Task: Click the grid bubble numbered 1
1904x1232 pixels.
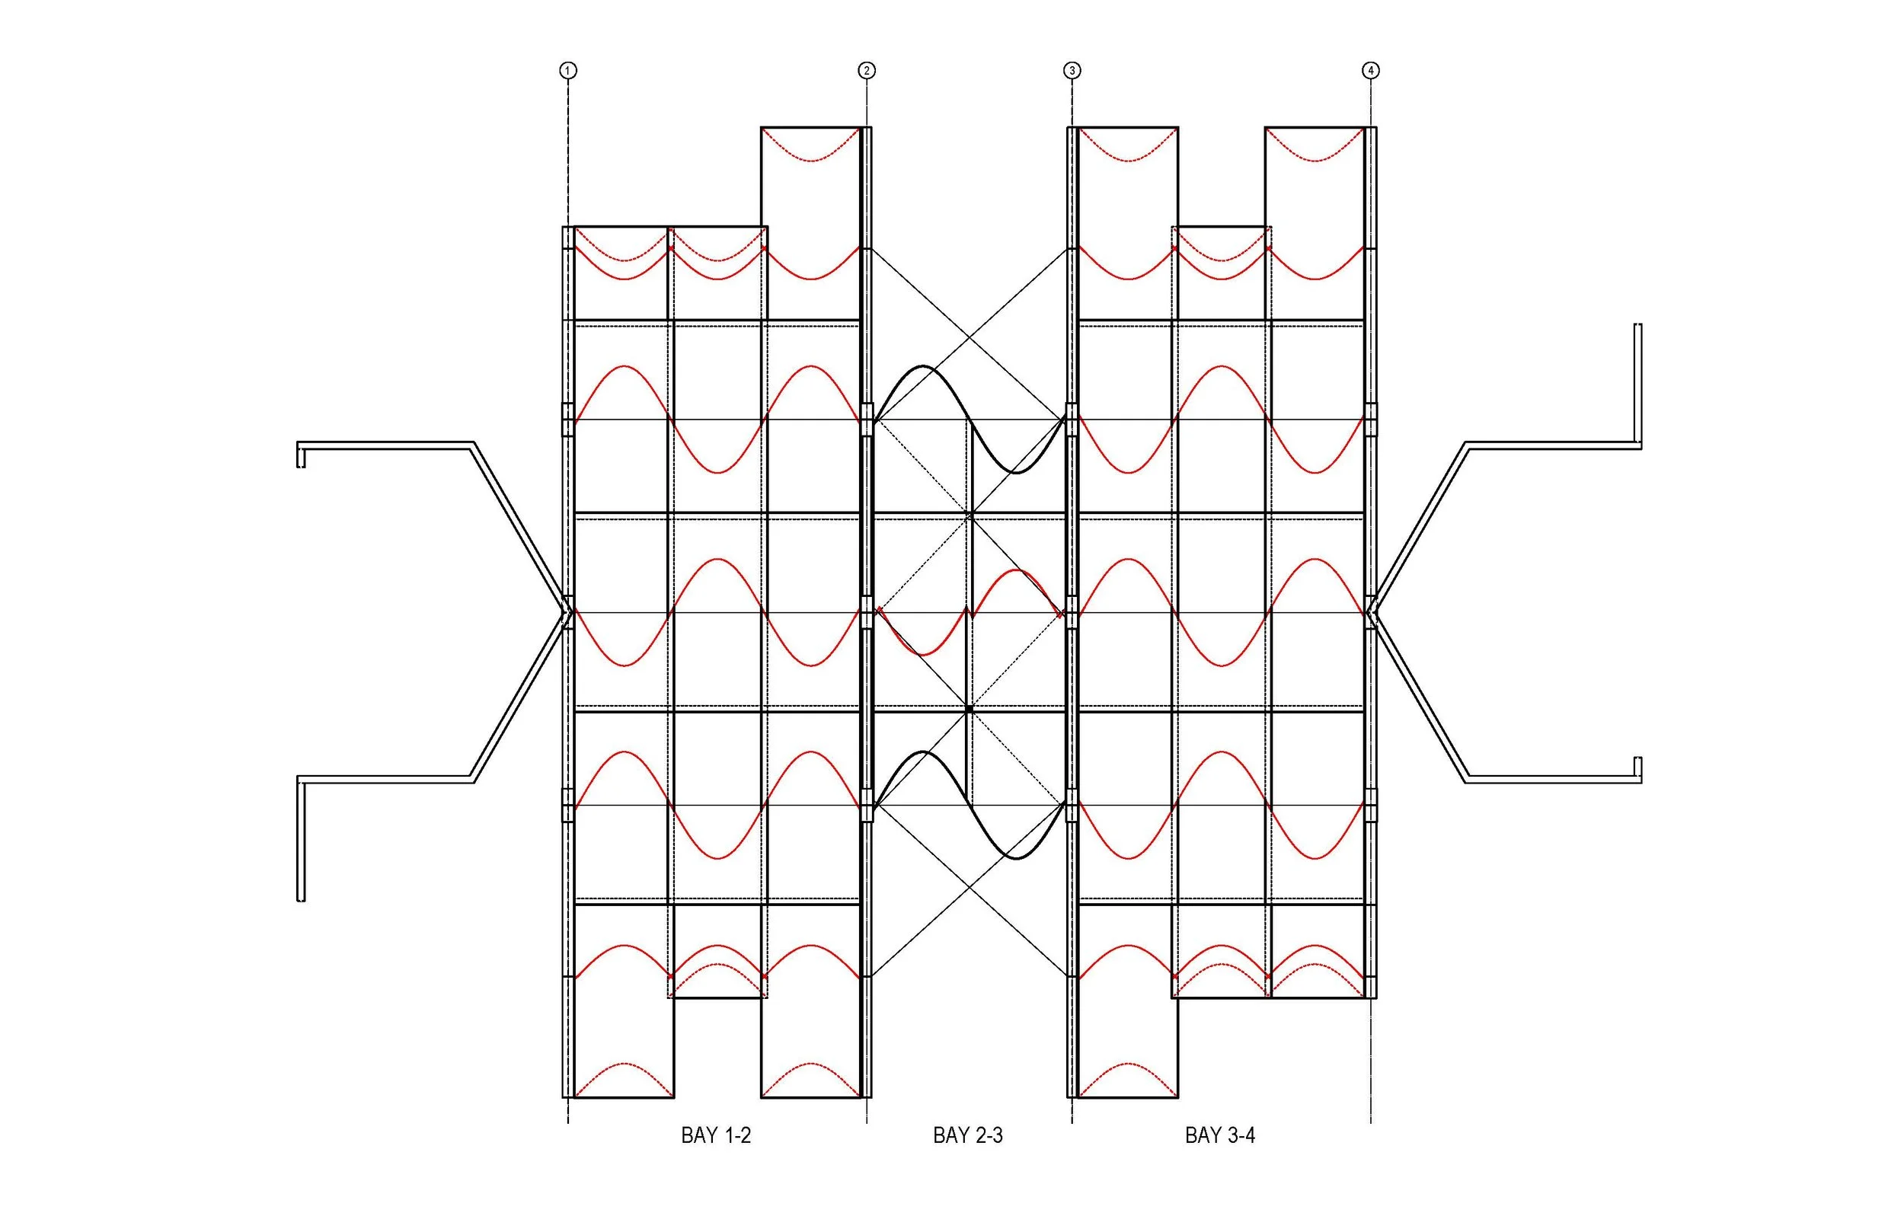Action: pyautogui.click(x=567, y=70)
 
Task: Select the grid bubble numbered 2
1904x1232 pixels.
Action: pyautogui.click(x=867, y=70)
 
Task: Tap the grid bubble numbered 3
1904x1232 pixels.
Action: pyautogui.click(x=1072, y=70)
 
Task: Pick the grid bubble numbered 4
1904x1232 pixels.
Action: pyautogui.click(x=1370, y=70)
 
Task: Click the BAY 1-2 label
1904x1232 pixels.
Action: pyautogui.click(x=716, y=1135)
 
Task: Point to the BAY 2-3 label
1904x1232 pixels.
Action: pyautogui.click(x=968, y=1135)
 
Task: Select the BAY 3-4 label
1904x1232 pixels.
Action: pyautogui.click(x=1220, y=1135)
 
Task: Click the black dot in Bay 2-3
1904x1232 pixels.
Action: pyautogui.click(x=969, y=709)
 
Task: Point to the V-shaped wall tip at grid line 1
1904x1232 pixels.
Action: pyautogui.click(x=565, y=614)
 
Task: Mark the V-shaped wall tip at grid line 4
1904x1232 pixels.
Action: pyautogui.click(x=1373, y=614)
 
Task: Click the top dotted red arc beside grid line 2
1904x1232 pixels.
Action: pyautogui.click(x=810, y=161)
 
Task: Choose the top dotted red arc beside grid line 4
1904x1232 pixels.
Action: pyautogui.click(x=1315, y=161)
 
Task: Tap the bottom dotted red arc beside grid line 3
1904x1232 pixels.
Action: pyautogui.click(x=1128, y=1064)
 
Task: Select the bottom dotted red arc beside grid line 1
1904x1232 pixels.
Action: pyautogui.click(x=624, y=1064)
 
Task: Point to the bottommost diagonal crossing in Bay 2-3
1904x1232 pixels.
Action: pyautogui.click(x=970, y=886)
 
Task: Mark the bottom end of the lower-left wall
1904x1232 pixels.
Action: pyautogui.click(x=301, y=899)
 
